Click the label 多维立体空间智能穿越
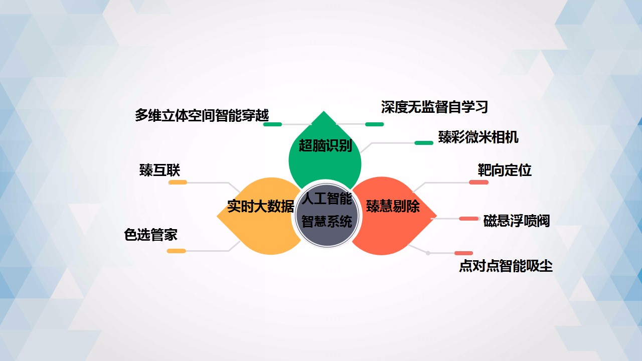point(202,115)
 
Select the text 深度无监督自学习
point(434,107)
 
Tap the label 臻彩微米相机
point(478,137)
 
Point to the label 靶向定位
point(505,170)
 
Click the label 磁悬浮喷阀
point(517,221)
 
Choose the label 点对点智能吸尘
point(506,266)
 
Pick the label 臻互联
point(159,170)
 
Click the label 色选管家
point(151,235)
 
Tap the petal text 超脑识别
point(326,145)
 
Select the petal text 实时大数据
point(260,206)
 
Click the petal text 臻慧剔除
point(393,206)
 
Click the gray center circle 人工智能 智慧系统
point(327,214)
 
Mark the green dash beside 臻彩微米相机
point(424,143)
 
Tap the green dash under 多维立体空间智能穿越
point(272,124)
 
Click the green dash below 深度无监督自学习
point(374,124)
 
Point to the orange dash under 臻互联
point(178,182)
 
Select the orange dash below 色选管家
point(176,251)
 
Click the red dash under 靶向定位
point(478,182)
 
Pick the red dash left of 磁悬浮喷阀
point(468,219)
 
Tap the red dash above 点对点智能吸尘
point(463,253)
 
